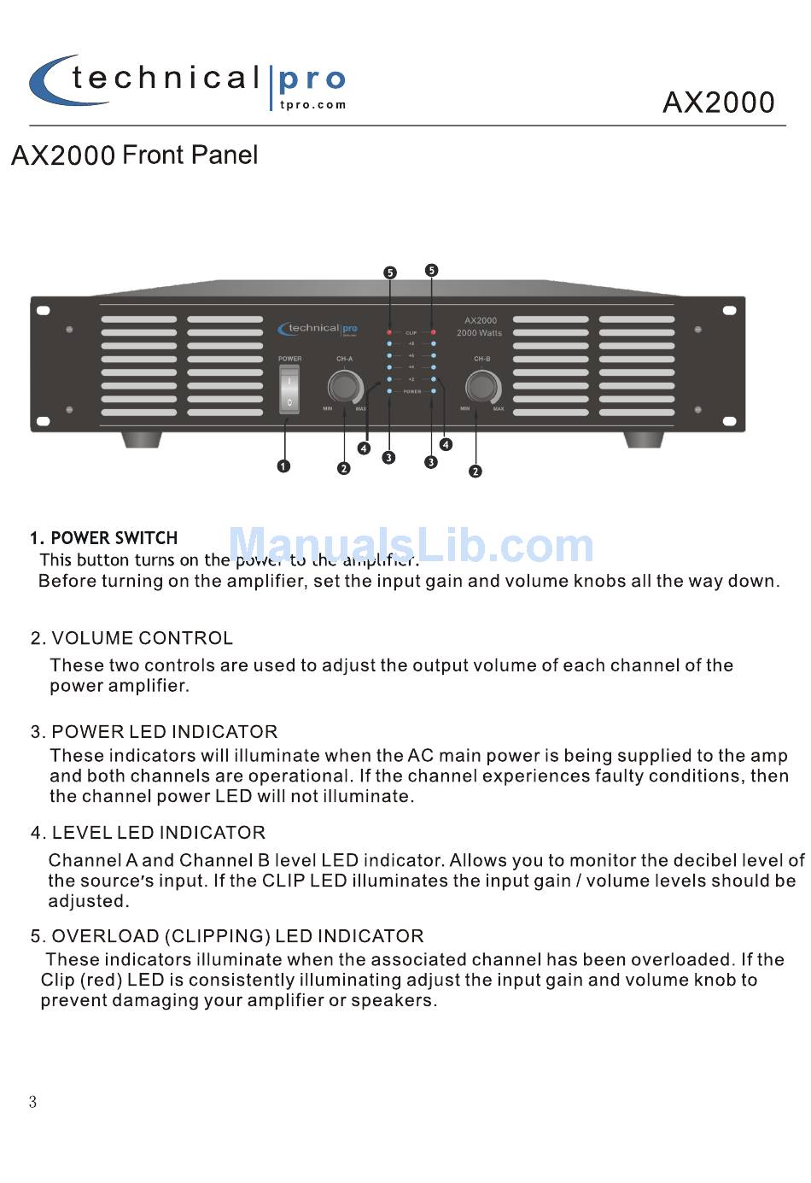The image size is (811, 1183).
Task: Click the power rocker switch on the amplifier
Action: pyautogui.click(x=289, y=389)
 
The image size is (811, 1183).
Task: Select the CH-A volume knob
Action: pyautogui.click(x=343, y=387)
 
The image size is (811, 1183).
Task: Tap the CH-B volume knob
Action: pyautogui.click(x=481, y=387)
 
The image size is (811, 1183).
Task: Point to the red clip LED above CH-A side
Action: pyautogui.click(x=389, y=332)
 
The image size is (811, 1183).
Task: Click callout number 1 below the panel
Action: pyautogui.click(x=283, y=466)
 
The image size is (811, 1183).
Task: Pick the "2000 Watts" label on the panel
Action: pyautogui.click(x=480, y=333)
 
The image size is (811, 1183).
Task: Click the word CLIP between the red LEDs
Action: pyautogui.click(x=411, y=332)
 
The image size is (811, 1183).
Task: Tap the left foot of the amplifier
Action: pyautogui.click(x=142, y=439)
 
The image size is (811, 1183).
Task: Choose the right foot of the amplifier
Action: pyautogui.click(x=644, y=439)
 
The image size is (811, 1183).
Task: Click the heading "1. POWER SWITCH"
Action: pyautogui.click(x=104, y=538)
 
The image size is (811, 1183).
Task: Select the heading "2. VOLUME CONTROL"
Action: pyautogui.click(x=131, y=638)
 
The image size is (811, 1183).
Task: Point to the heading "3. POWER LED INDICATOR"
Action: pyautogui.click(x=154, y=732)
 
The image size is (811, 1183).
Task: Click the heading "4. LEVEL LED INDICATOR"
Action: pyautogui.click(x=148, y=833)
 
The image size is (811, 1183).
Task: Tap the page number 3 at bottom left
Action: pyautogui.click(x=32, y=1102)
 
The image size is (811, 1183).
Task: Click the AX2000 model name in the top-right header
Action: pyautogui.click(x=718, y=102)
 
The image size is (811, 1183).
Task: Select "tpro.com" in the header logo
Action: pyautogui.click(x=313, y=105)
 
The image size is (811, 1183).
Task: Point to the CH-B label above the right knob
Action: pyautogui.click(x=481, y=359)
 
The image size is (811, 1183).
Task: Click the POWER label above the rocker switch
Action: pyautogui.click(x=289, y=359)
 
